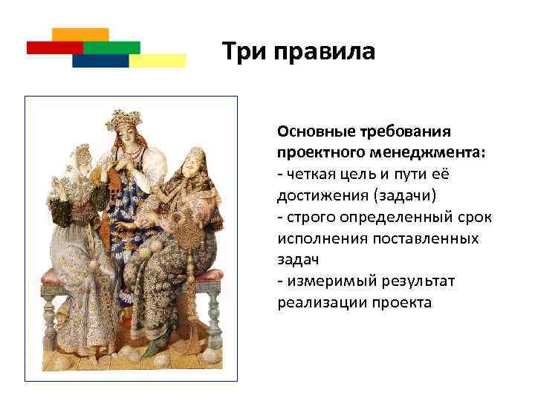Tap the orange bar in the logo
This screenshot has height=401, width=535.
(80, 34)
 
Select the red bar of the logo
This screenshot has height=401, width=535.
(54, 48)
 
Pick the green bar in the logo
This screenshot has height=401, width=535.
(111, 48)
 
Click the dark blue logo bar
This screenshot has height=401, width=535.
(100, 61)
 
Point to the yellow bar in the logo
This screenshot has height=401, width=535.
(157, 61)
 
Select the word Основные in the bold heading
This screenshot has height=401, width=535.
(312, 131)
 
